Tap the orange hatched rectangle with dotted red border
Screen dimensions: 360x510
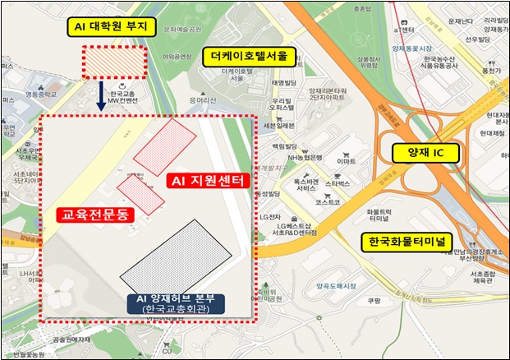tap(114, 63)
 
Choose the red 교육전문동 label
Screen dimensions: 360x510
tap(93, 215)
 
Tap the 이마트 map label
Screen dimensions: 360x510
tap(347, 162)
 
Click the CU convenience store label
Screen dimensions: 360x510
tap(168, 352)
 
